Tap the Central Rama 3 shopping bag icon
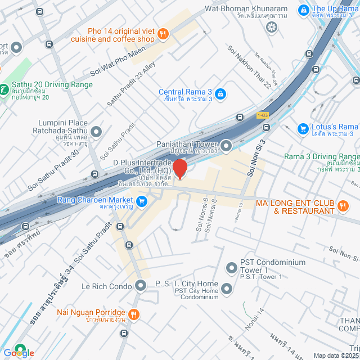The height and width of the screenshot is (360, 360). click(220, 93)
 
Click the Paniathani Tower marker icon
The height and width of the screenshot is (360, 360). click(226, 146)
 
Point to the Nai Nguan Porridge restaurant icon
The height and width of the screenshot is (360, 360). click(134, 313)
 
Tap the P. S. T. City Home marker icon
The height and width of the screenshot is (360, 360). click(227, 289)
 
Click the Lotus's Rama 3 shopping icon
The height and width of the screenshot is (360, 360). click(303, 129)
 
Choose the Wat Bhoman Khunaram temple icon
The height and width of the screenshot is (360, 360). click(272, 26)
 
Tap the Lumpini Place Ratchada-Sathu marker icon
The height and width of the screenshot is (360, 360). click(96, 132)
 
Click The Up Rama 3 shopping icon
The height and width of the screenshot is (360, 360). click(303, 10)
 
